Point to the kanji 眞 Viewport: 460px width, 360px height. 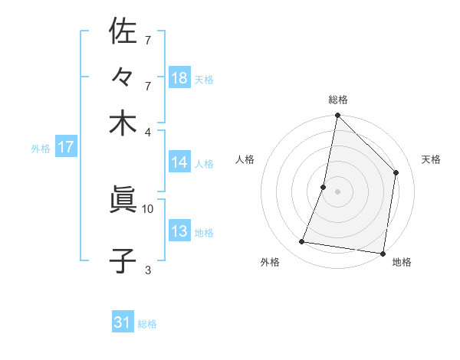[123, 201]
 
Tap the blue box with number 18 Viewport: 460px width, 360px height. [179, 78]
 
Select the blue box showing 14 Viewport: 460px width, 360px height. [179, 162]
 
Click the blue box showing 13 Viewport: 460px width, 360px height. [179, 232]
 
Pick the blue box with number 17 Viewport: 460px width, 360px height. [65, 148]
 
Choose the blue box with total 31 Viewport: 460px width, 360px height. [123, 323]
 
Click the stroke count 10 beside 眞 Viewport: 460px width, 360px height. [148, 208]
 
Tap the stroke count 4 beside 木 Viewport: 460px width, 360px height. [148, 132]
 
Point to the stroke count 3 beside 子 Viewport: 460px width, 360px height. [148, 270]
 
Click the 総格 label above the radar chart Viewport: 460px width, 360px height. [337, 100]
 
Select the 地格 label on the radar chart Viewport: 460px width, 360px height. [402, 262]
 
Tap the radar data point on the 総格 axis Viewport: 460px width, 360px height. [337, 116]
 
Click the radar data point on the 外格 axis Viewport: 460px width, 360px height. [302, 242]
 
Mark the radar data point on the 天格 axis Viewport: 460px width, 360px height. [396, 172]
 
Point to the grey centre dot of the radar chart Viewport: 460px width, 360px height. [337, 191]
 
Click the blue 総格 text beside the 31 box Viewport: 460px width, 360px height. [147, 324]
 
